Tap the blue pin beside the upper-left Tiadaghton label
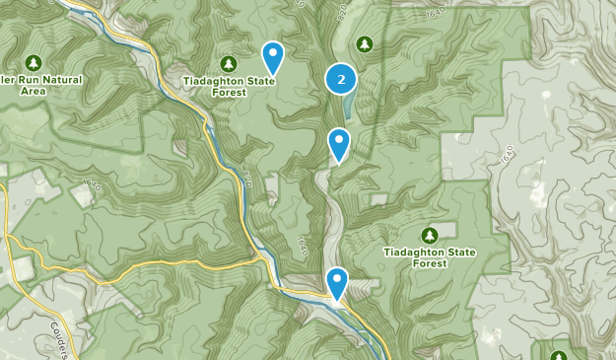[x=272, y=56]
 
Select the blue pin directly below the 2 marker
[x=339, y=144]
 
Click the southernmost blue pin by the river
[x=338, y=283]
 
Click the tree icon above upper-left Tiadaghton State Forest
[x=229, y=63]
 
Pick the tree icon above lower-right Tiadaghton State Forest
[x=429, y=235]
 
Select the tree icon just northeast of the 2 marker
[x=364, y=43]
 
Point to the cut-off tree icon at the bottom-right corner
[x=559, y=355]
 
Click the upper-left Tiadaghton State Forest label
[x=229, y=88]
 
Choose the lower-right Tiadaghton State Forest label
[x=429, y=258]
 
